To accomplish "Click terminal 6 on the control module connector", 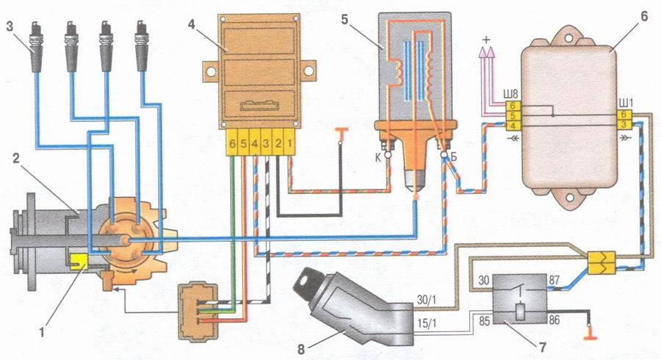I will click(233, 143).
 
